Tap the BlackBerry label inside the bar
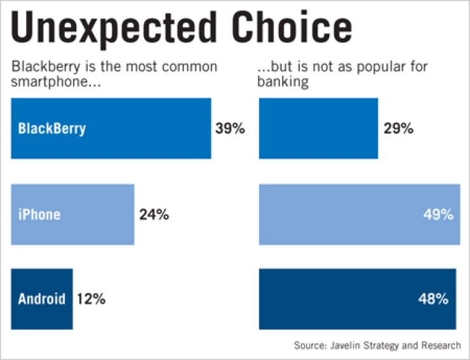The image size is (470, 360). coord(52,128)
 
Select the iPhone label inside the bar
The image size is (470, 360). coord(39,215)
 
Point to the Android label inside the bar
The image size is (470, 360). coord(42,298)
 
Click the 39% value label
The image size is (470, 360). coord(230,128)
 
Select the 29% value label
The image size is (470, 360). coord(398,128)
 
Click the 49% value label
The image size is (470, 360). coord(438,215)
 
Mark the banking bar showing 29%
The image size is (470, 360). coord(318,128)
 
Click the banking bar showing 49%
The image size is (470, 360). coord(343,215)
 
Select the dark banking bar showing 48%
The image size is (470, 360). coord(343,298)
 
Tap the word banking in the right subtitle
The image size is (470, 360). coord(283,83)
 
